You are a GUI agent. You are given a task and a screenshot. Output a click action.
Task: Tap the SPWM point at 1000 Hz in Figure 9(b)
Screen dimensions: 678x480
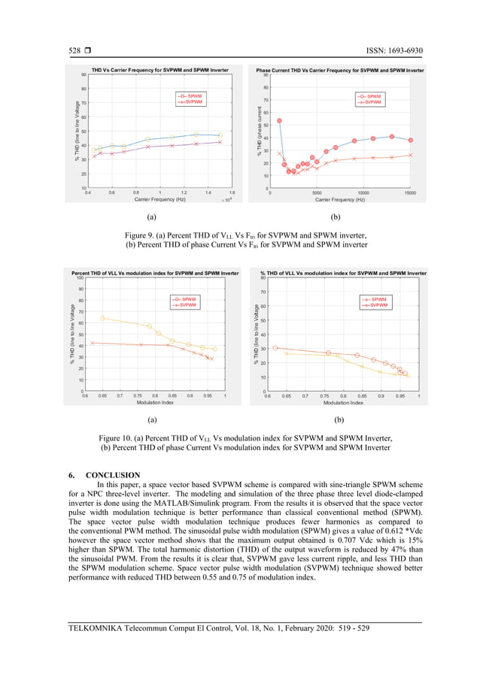(x=279, y=120)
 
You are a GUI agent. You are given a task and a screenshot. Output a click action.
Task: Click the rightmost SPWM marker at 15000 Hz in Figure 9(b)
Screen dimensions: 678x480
(x=410, y=140)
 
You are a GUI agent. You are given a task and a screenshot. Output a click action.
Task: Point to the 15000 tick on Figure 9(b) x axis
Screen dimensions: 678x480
(x=410, y=193)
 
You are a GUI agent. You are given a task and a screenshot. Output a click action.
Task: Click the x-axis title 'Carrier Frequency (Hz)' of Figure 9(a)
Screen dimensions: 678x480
(x=159, y=199)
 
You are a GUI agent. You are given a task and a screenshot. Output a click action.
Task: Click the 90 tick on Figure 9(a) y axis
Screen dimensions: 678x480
(x=83, y=74)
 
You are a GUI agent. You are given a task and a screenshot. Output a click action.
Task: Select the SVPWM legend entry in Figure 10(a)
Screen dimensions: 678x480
(x=185, y=305)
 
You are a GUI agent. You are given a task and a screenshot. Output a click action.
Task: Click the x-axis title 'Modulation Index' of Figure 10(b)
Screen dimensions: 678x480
(x=343, y=402)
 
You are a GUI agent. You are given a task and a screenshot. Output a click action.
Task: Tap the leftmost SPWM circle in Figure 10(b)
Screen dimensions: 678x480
(x=275, y=348)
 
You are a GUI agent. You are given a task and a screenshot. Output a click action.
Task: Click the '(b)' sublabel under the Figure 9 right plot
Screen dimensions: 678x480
(x=336, y=216)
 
